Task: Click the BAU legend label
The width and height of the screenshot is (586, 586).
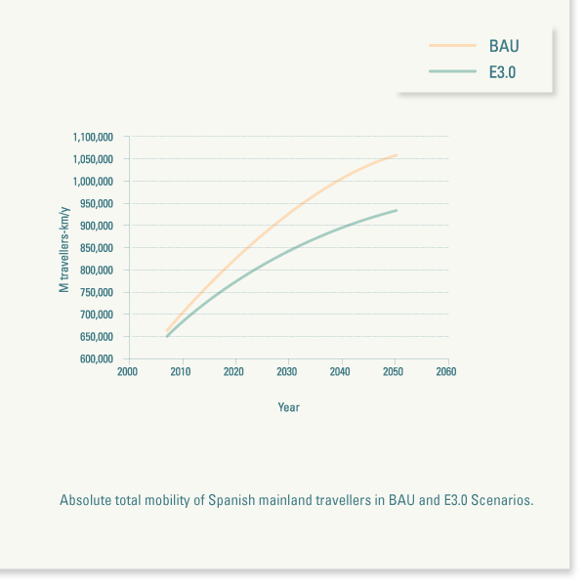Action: (x=504, y=46)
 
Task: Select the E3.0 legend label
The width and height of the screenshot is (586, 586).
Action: (x=504, y=71)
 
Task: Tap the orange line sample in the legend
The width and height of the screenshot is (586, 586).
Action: (x=451, y=46)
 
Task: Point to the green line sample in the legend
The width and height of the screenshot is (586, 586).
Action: (x=451, y=71)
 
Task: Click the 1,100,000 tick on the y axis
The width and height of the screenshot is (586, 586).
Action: (x=93, y=137)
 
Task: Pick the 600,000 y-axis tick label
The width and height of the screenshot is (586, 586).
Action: (x=97, y=359)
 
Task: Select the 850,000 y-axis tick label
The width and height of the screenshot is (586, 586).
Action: (x=97, y=248)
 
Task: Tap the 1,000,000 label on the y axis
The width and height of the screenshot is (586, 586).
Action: (x=93, y=182)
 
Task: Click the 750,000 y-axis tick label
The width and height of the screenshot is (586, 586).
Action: (x=97, y=293)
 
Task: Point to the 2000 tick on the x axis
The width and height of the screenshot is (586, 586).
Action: (x=127, y=372)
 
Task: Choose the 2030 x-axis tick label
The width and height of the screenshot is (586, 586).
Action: (x=286, y=372)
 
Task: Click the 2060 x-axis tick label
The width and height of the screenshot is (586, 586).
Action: (x=445, y=372)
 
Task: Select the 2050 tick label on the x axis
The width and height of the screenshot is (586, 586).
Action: (x=393, y=372)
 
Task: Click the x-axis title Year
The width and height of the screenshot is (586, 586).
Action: (x=288, y=407)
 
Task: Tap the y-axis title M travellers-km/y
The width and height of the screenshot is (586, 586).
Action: (x=64, y=248)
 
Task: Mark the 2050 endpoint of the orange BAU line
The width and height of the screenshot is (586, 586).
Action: (x=396, y=155)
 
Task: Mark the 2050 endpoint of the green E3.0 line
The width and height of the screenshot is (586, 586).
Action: (x=396, y=210)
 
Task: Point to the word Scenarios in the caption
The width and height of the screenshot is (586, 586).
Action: (x=502, y=500)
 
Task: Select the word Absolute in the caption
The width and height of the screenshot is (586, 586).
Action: (x=85, y=500)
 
